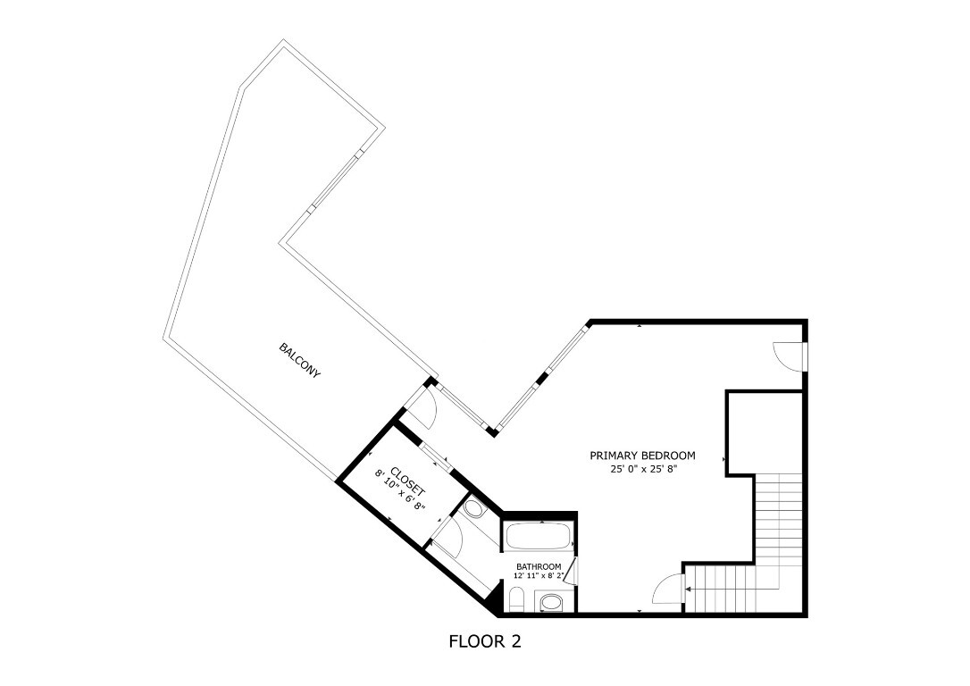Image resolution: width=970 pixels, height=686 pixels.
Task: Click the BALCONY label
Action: (x=299, y=360)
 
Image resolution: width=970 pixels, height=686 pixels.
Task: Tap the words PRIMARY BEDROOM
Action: (x=642, y=456)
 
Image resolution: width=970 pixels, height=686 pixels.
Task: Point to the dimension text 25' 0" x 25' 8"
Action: (x=642, y=468)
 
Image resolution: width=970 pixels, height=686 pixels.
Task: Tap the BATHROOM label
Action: (x=539, y=567)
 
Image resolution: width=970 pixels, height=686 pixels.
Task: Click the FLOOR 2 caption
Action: (x=484, y=641)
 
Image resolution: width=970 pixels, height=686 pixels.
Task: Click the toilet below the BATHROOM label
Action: (x=517, y=598)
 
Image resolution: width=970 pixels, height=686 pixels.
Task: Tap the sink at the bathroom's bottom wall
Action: (x=552, y=603)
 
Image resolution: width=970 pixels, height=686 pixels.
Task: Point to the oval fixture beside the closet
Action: (x=473, y=510)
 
